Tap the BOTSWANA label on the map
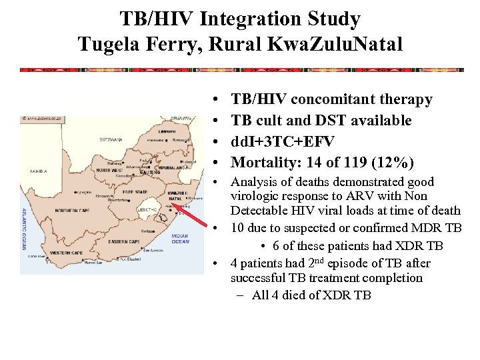point(111,139)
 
